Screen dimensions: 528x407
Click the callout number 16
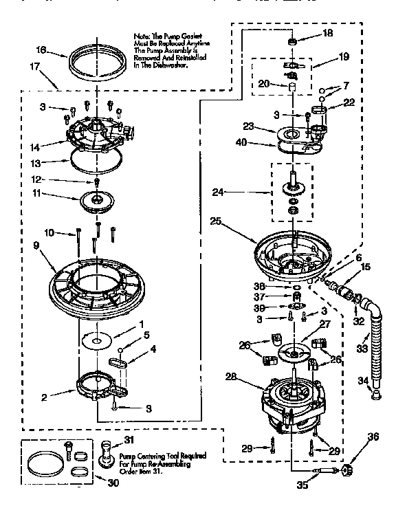pos(42,50)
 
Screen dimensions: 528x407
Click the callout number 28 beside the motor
pos(230,377)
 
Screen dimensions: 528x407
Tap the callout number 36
pos(373,435)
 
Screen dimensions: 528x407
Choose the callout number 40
pos(241,144)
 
